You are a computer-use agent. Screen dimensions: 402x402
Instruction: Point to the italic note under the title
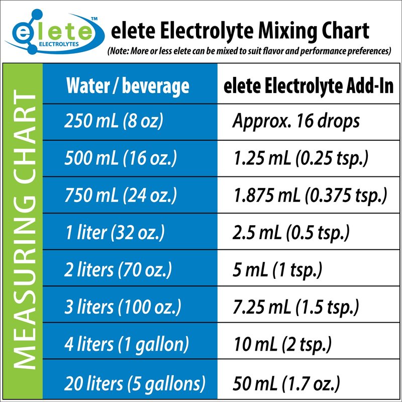click(x=249, y=51)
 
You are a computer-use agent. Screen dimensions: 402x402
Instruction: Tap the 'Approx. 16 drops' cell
click(x=296, y=122)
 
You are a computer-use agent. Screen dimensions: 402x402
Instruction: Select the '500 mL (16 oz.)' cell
click(x=121, y=159)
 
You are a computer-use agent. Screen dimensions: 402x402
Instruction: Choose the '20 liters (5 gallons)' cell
click(x=135, y=383)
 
